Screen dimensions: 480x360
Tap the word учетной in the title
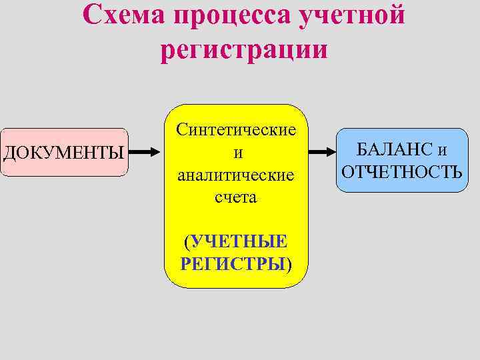353,15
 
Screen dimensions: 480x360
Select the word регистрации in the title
244,49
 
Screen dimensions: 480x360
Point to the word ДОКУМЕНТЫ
63,153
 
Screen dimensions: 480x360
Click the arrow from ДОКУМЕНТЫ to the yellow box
145,152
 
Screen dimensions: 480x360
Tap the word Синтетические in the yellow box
236,130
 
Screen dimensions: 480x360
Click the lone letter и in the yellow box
236,153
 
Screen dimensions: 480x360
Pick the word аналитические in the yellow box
236,175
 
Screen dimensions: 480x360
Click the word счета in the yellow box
236,198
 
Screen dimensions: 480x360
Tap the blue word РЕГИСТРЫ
233,263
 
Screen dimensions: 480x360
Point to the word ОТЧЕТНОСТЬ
401,172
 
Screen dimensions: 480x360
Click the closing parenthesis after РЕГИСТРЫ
289,263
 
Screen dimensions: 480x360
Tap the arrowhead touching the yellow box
157,152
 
